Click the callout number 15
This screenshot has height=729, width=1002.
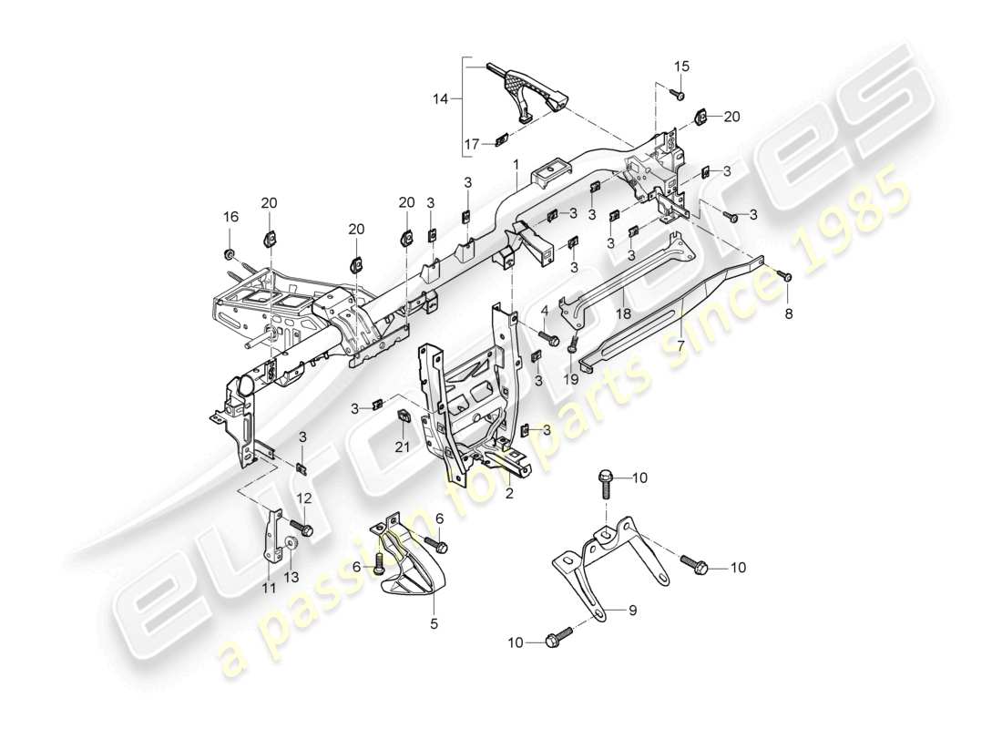[x=682, y=66]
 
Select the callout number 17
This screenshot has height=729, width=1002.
[x=471, y=143]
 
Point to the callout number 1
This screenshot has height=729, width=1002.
[x=516, y=165]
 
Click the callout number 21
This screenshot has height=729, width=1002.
[x=403, y=446]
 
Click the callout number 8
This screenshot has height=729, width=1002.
[x=789, y=313]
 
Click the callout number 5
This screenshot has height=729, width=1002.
[x=434, y=624]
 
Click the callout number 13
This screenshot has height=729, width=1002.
[x=293, y=577]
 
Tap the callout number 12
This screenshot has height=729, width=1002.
[x=303, y=498]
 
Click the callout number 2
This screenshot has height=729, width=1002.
[x=509, y=495]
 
